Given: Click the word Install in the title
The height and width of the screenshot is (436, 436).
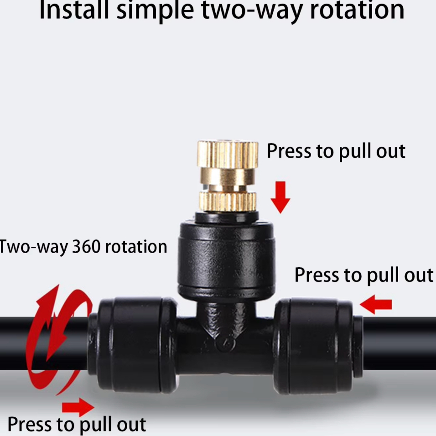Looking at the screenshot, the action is click(x=74, y=10).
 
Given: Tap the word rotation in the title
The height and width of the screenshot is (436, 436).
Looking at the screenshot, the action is click(x=357, y=10).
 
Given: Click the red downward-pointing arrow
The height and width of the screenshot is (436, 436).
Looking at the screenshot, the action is click(x=280, y=197).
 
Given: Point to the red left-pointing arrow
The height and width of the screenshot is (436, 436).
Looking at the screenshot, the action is click(x=376, y=305).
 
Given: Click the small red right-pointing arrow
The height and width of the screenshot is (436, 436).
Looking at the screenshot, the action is click(x=78, y=407).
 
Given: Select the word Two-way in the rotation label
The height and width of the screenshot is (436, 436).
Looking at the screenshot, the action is click(x=33, y=247).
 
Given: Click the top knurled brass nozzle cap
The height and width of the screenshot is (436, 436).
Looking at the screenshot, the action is click(x=228, y=154).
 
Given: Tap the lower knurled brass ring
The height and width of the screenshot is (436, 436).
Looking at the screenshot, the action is click(x=228, y=201).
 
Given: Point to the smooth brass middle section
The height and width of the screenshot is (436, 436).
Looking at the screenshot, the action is click(x=228, y=176).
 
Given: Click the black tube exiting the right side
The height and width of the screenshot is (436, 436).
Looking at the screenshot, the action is click(x=400, y=343).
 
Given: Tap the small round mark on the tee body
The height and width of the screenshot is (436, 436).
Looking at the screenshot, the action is click(x=226, y=344).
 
